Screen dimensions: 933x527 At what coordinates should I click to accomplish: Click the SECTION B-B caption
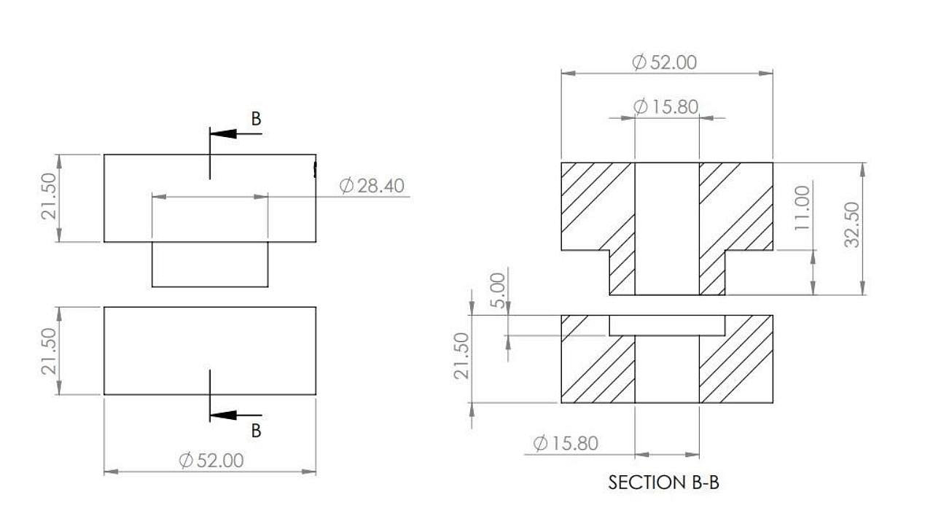coord(663,483)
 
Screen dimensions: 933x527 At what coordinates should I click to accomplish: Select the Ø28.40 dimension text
coord(372,186)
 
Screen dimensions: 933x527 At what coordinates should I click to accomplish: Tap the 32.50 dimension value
coord(852,225)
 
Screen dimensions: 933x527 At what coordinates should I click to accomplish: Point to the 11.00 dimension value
coord(803,208)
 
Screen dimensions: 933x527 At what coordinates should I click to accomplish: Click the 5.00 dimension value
coord(498,290)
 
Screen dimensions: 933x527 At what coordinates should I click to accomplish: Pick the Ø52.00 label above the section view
coord(664,63)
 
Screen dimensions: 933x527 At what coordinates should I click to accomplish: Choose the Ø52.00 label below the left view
coord(211,461)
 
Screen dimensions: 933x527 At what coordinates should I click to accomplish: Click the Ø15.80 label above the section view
coord(666,107)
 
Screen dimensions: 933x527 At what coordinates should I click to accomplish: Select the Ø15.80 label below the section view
coord(566,443)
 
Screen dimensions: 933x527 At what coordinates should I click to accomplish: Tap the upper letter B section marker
coord(256,119)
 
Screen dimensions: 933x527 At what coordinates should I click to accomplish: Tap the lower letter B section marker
coord(256,431)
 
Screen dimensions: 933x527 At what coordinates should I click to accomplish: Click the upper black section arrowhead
coord(223,133)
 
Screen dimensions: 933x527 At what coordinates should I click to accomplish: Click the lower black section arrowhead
coord(223,415)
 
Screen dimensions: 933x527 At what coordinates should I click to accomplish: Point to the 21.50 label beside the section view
coord(462,356)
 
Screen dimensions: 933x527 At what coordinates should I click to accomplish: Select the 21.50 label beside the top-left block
coord(49,196)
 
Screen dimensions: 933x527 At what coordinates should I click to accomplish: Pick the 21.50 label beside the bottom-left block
coord(49,351)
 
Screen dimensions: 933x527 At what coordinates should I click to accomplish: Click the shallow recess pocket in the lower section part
coord(667,325)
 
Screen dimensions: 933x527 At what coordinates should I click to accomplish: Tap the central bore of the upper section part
coord(667,229)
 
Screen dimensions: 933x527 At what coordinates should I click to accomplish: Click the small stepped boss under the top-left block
coord(210,264)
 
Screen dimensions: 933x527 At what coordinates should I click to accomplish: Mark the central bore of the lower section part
coord(667,369)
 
